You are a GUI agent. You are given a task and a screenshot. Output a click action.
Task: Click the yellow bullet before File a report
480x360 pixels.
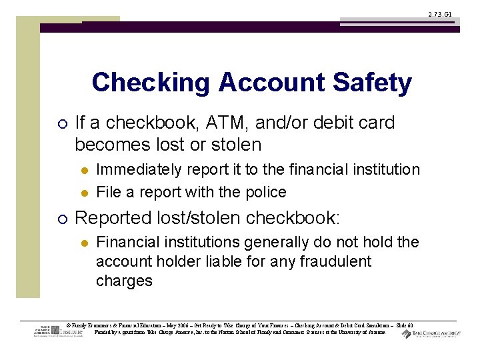83,193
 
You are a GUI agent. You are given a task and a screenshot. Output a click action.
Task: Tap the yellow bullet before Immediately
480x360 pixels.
83,171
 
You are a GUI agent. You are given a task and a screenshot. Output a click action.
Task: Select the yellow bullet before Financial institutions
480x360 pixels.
83,243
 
